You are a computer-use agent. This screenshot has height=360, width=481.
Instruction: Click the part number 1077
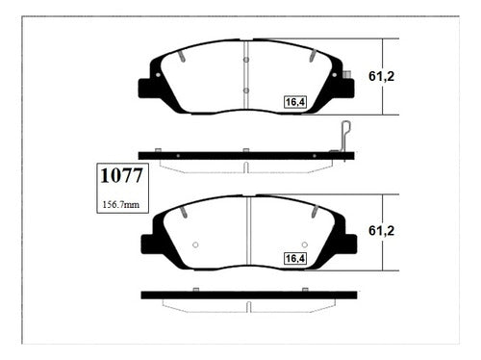121,175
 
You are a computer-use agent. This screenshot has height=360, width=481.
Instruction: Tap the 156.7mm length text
121,205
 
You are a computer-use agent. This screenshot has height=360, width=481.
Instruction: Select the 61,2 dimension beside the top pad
381,76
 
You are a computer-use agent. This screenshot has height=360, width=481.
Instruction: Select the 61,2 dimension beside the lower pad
381,231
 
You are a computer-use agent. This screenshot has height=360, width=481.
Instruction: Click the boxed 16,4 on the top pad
295,102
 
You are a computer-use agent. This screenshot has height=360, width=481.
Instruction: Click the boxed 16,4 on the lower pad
295,258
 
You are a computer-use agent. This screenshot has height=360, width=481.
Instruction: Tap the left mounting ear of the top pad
144,88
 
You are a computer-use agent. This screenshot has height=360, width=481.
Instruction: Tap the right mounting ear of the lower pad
350,244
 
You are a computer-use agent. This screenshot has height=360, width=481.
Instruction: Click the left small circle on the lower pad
195,244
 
